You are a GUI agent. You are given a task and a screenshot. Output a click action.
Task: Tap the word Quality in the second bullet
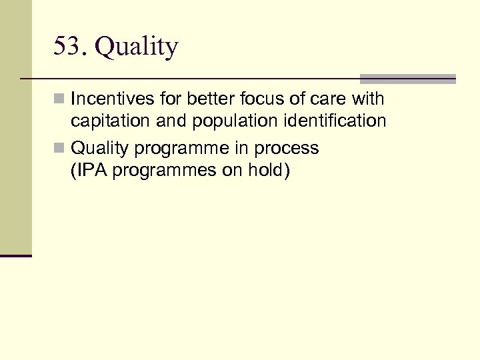[100, 148]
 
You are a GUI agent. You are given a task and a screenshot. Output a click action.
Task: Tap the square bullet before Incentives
[60, 100]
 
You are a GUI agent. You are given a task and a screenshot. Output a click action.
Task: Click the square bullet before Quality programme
[60, 148]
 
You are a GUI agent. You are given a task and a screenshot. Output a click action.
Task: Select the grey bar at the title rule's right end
[408, 79]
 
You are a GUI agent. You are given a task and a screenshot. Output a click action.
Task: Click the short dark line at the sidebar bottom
[16, 255]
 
